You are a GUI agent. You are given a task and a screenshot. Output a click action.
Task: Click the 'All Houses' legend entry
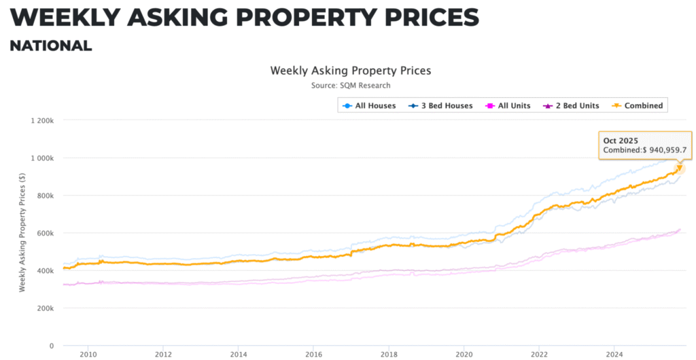tap(370, 106)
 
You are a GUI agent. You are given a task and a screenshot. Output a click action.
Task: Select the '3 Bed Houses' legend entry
tap(441, 106)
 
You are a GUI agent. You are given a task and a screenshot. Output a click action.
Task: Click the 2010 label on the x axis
tap(88, 354)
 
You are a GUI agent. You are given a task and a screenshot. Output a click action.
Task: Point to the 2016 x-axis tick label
tap(313, 354)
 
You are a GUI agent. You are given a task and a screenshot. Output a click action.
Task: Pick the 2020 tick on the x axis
tap(464, 354)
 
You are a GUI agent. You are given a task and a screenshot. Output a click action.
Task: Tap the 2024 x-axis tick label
tap(614, 354)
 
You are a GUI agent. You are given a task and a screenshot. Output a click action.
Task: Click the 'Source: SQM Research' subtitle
tap(351, 86)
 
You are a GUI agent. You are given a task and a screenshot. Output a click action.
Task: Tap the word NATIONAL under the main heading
tap(50, 46)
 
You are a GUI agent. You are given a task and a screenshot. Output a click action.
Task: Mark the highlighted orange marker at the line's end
tap(678, 169)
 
